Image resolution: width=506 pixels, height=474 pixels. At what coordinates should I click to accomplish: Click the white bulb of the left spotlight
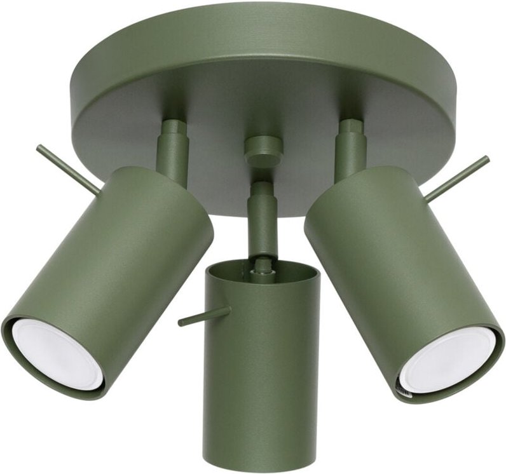click(x=57, y=353)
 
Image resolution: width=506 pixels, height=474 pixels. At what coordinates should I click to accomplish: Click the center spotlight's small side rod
click(x=203, y=315)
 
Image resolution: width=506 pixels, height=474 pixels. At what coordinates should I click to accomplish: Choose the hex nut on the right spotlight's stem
click(x=350, y=127)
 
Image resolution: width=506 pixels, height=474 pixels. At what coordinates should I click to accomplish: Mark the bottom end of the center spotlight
click(x=263, y=457)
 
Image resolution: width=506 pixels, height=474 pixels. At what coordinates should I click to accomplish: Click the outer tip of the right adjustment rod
click(x=486, y=159)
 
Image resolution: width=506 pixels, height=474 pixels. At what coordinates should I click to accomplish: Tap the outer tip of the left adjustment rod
click(x=39, y=149)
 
